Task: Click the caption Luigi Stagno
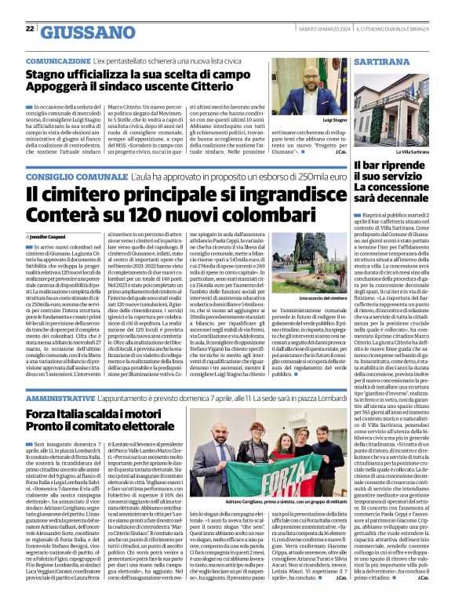point(333,120)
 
